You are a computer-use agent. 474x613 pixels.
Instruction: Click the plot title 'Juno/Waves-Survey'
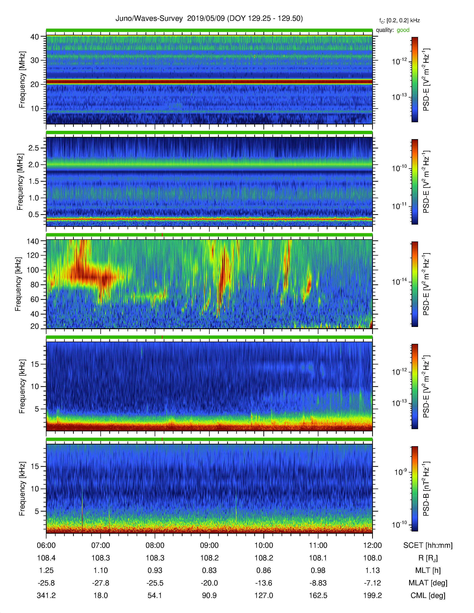[149, 19]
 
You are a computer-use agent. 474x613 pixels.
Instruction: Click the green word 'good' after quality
[403, 30]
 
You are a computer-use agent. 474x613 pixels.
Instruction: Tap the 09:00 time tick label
[209, 546]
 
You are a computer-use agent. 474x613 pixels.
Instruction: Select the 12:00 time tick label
[372, 546]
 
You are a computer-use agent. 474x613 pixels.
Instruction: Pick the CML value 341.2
[46, 596]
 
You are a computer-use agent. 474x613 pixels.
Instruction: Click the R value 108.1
[318, 558]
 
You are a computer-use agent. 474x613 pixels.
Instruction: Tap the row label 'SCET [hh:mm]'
[428, 546]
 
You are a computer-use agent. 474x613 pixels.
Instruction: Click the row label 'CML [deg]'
[428, 596]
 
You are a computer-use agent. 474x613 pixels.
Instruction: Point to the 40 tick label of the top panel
[35, 37]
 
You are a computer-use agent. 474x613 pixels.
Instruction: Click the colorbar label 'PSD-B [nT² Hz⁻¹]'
[426, 489]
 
